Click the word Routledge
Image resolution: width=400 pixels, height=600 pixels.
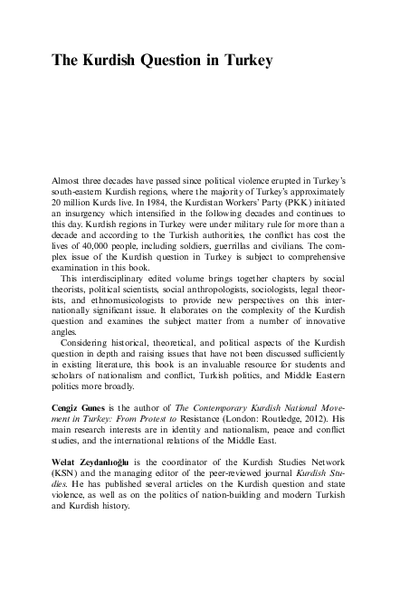[272, 422]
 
